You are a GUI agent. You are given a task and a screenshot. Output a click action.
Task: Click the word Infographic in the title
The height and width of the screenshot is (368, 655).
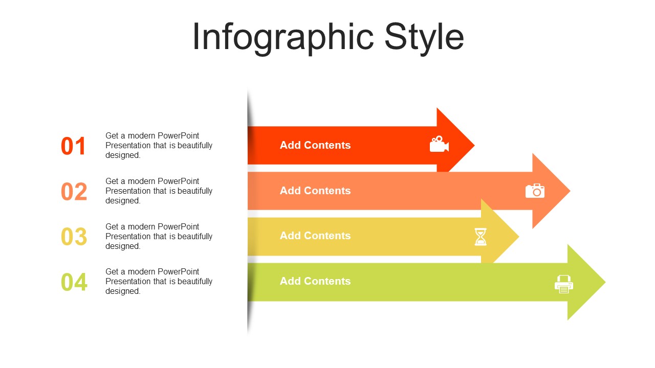pos(283,38)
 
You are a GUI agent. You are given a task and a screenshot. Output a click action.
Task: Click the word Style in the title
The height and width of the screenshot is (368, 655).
pos(424,38)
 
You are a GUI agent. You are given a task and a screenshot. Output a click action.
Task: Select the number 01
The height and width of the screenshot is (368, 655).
pos(73,146)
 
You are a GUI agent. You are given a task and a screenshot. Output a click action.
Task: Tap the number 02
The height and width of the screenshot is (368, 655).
pos(74,192)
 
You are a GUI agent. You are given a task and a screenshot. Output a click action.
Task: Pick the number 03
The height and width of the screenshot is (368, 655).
pos(74,237)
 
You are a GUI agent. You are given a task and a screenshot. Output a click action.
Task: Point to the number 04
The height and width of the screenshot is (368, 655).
pos(74,282)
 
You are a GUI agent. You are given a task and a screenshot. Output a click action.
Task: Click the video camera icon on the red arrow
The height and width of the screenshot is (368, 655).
pos(439,144)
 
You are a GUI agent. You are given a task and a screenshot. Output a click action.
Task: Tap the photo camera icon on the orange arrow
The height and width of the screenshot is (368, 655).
pos(535,191)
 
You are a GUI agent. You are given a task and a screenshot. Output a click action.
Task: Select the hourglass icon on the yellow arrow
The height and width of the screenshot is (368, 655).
pos(481,237)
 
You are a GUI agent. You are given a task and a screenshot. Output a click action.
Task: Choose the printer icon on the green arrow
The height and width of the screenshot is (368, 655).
pos(564,284)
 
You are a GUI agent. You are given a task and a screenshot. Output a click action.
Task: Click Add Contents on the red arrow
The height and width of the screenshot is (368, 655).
pos(315,145)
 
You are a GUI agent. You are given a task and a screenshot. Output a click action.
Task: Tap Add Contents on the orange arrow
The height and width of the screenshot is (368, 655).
pos(315,191)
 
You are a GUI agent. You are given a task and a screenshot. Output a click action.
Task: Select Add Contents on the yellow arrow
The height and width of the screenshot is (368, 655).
pos(315,236)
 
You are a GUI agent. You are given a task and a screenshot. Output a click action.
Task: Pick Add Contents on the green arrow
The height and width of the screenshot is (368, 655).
pos(315,281)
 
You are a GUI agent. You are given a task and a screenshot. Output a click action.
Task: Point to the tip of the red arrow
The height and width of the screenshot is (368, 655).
pos(474,145)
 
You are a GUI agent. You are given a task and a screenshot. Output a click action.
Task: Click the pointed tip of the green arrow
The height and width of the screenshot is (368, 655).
pos(605,282)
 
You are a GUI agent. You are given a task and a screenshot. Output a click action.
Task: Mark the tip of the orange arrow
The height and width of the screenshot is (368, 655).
pos(570,191)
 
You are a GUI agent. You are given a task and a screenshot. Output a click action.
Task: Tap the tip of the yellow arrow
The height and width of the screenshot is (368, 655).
pos(519,236)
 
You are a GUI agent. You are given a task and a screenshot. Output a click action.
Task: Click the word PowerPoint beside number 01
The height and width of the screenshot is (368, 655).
pos(178,136)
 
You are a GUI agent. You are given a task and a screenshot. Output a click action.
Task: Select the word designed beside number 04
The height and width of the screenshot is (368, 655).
pos(123,291)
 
